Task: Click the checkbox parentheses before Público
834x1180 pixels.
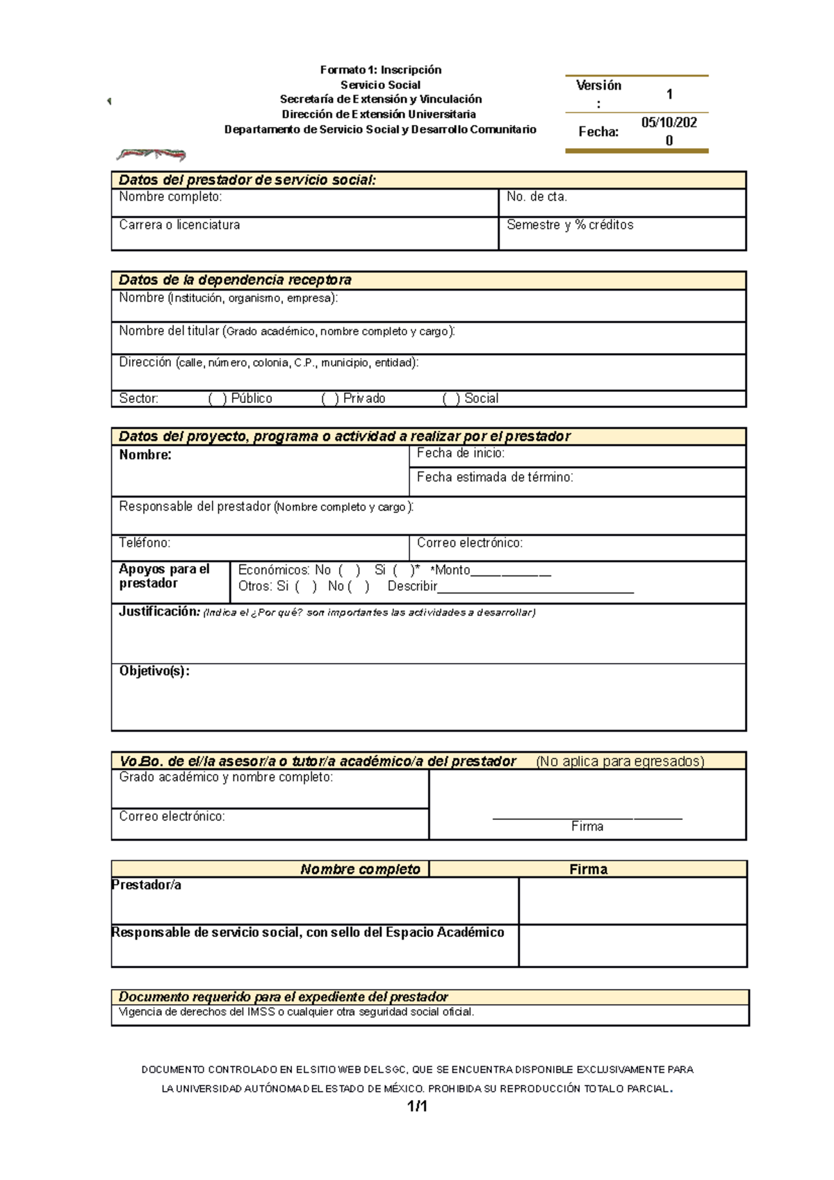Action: pyautogui.click(x=218, y=399)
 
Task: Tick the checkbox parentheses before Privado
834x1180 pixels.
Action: pyautogui.click(x=330, y=399)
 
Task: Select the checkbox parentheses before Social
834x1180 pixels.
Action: pyautogui.click(x=451, y=399)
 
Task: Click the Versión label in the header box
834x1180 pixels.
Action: pyautogui.click(x=598, y=86)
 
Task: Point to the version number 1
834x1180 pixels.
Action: pyautogui.click(x=669, y=95)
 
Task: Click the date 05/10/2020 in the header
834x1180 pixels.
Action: pyautogui.click(x=669, y=131)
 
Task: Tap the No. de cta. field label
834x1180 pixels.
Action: pyautogui.click(x=537, y=197)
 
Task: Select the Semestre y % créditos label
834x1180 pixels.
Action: pyautogui.click(x=570, y=225)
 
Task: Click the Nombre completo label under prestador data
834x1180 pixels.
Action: pyautogui.click(x=170, y=197)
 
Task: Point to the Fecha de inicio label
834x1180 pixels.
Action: pyautogui.click(x=460, y=453)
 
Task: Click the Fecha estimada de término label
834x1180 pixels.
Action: pyautogui.click(x=495, y=477)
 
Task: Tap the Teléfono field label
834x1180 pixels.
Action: pyautogui.click(x=145, y=543)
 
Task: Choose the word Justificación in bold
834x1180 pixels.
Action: pyautogui.click(x=159, y=612)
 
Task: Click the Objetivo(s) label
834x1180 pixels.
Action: pyautogui.click(x=154, y=671)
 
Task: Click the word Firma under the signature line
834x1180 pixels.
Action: pyautogui.click(x=587, y=827)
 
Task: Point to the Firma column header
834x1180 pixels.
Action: pyautogui.click(x=588, y=869)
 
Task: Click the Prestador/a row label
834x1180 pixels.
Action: pyautogui.click(x=147, y=885)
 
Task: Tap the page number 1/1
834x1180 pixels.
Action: pyautogui.click(x=417, y=1106)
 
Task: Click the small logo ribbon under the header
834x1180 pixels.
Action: pyautogui.click(x=151, y=154)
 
